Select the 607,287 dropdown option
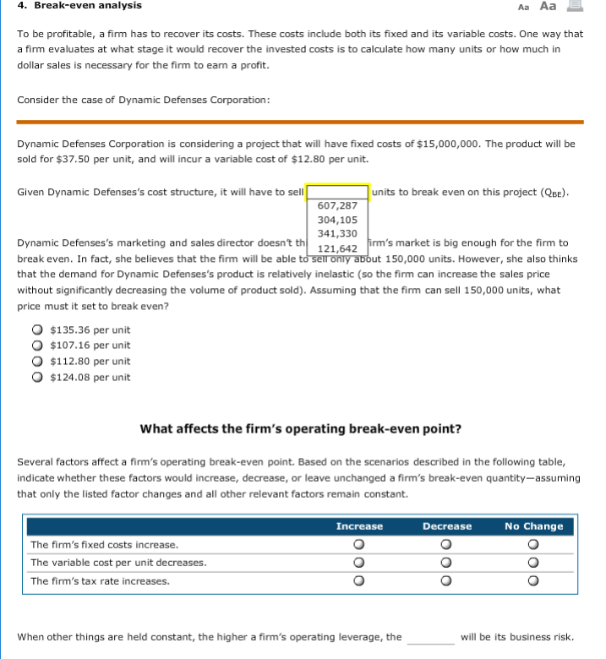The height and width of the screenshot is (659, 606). pos(337,205)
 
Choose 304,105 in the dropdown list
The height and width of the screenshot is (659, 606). pos(337,220)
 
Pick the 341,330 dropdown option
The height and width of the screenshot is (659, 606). pos(337,233)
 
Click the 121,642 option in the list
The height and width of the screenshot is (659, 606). pos(337,248)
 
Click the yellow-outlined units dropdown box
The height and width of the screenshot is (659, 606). pos(337,192)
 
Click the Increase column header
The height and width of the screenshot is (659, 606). pos(359,526)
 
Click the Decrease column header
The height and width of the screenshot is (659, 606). pos(447,526)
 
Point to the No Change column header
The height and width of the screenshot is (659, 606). pos(533,526)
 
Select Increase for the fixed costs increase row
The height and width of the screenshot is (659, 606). pos(359,545)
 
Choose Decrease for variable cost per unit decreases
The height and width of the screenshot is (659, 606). pos(447,563)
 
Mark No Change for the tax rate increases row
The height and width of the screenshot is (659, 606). pos(533,581)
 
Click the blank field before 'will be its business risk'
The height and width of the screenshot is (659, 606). pos(430,638)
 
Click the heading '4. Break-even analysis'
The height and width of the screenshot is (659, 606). pos(79,6)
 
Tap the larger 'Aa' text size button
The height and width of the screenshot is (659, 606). pos(549,6)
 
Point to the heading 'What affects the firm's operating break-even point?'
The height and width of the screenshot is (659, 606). pos(300,428)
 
